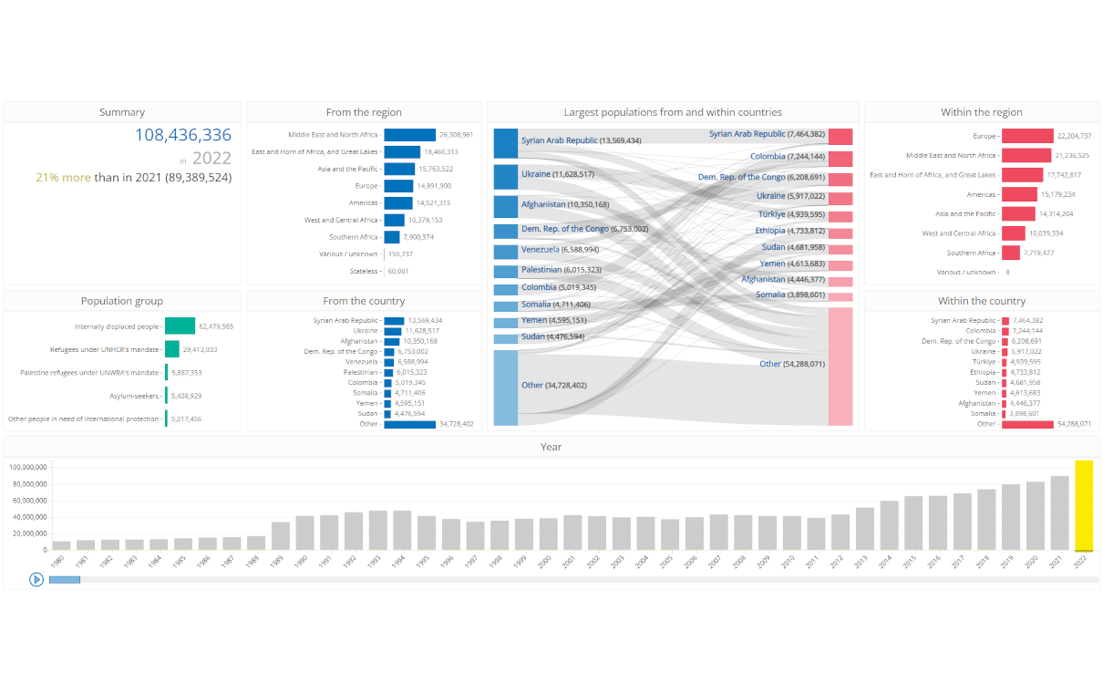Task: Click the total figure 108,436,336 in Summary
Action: pyautogui.click(x=183, y=135)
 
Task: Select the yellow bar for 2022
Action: pyautogui.click(x=1083, y=506)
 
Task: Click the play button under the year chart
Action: pyautogui.click(x=36, y=579)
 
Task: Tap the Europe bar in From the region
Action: pyautogui.click(x=397, y=185)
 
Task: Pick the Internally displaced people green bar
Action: pyautogui.click(x=180, y=326)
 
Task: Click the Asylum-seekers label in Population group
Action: pyautogui.click(x=135, y=396)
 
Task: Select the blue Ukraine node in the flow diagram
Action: pyautogui.click(x=506, y=176)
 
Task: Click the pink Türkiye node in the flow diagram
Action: pyautogui.click(x=840, y=216)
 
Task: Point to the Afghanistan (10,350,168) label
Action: pyautogui.click(x=565, y=204)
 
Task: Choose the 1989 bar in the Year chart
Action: pyautogui.click(x=281, y=536)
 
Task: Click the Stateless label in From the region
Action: pyautogui.click(x=364, y=271)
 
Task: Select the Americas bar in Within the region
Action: pyautogui.click(x=1019, y=194)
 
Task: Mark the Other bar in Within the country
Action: pyautogui.click(x=1027, y=424)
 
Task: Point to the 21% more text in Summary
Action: pyautogui.click(x=63, y=177)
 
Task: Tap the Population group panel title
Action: pyautogui.click(x=122, y=301)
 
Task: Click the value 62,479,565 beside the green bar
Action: pyautogui.click(x=216, y=326)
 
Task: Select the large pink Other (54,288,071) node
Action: pyautogui.click(x=840, y=366)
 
